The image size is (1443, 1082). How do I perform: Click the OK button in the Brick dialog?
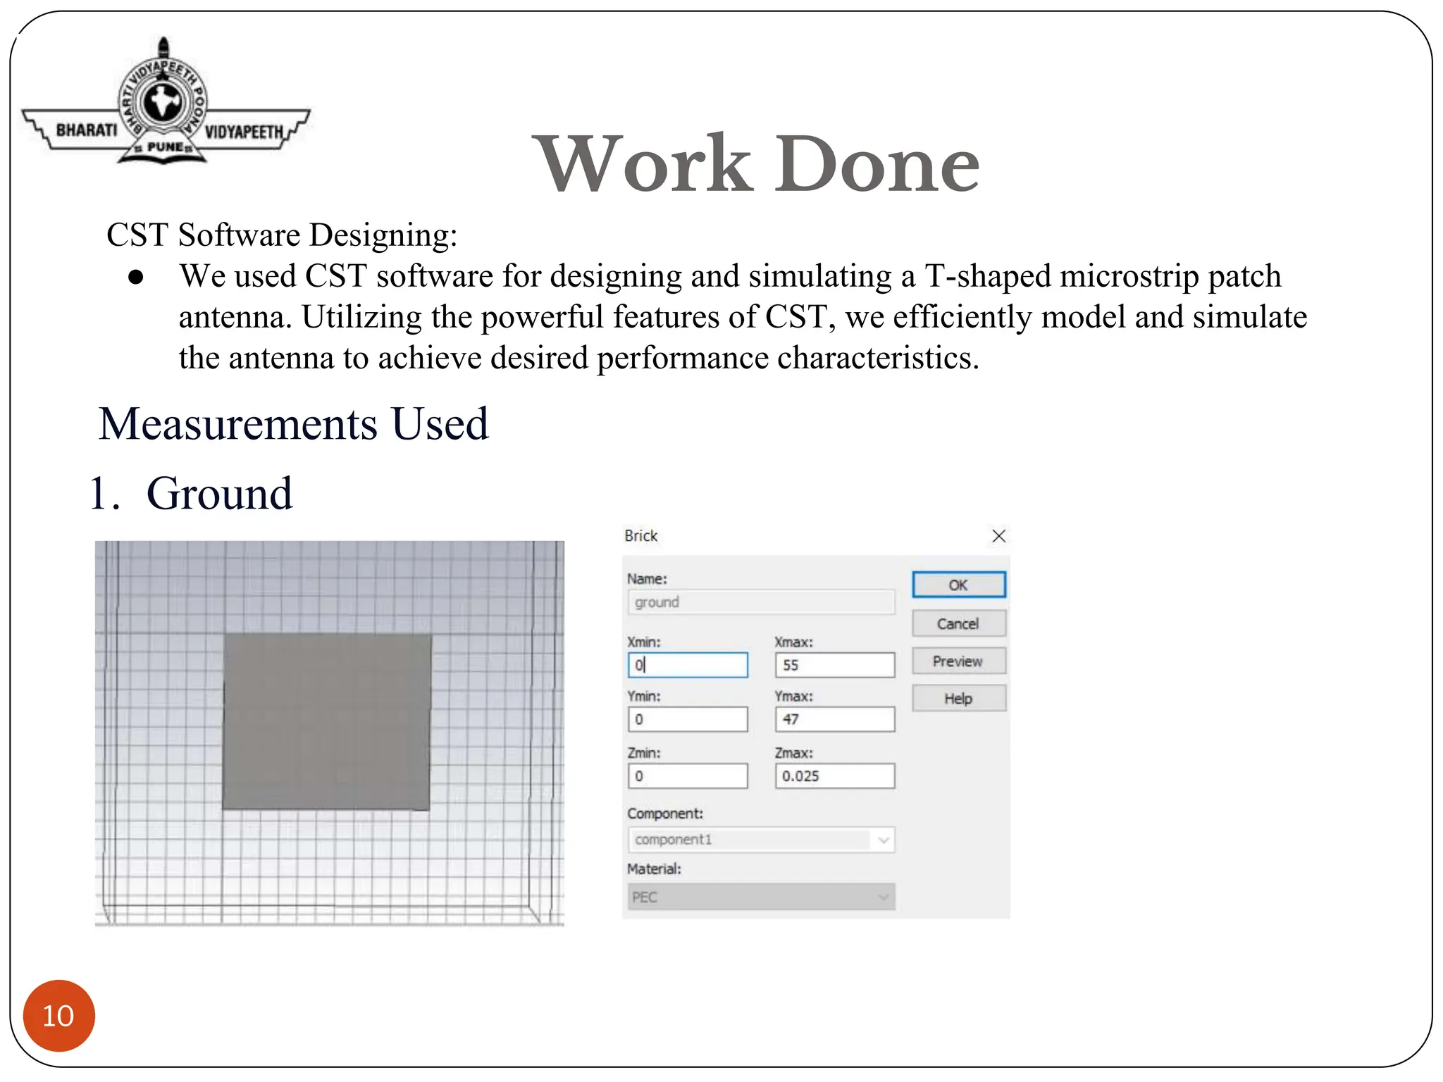click(x=958, y=585)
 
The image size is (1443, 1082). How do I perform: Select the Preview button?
click(x=958, y=661)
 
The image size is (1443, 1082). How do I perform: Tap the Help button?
click(x=958, y=699)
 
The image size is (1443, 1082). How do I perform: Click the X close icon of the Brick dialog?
click(x=998, y=536)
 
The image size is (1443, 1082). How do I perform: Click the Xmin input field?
click(x=688, y=665)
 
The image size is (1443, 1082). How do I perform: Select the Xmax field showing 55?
click(x=835, y=665)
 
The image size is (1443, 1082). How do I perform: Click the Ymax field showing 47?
click(x=835, y=719)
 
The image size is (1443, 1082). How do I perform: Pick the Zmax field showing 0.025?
click(x=835, y=776)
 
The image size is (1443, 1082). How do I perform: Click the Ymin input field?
click(x=688, y=719)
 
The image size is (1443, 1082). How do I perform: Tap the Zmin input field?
click(x=688, y=776)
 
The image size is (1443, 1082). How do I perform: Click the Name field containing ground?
click(x=761, y=602)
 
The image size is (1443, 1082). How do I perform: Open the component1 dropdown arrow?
click(x=884, y=840)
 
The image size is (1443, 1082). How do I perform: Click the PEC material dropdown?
click(x=761, y=897)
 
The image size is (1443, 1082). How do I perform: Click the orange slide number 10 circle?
click(x=58, y=1015)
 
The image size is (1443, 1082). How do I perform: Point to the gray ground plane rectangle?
click(x=327, y=722)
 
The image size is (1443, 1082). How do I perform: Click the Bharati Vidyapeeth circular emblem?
click(x=163, y=102)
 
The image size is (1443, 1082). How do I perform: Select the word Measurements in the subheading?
click(x=238, y=424)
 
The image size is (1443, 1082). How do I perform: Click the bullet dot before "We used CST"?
click(x=136, y=277)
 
